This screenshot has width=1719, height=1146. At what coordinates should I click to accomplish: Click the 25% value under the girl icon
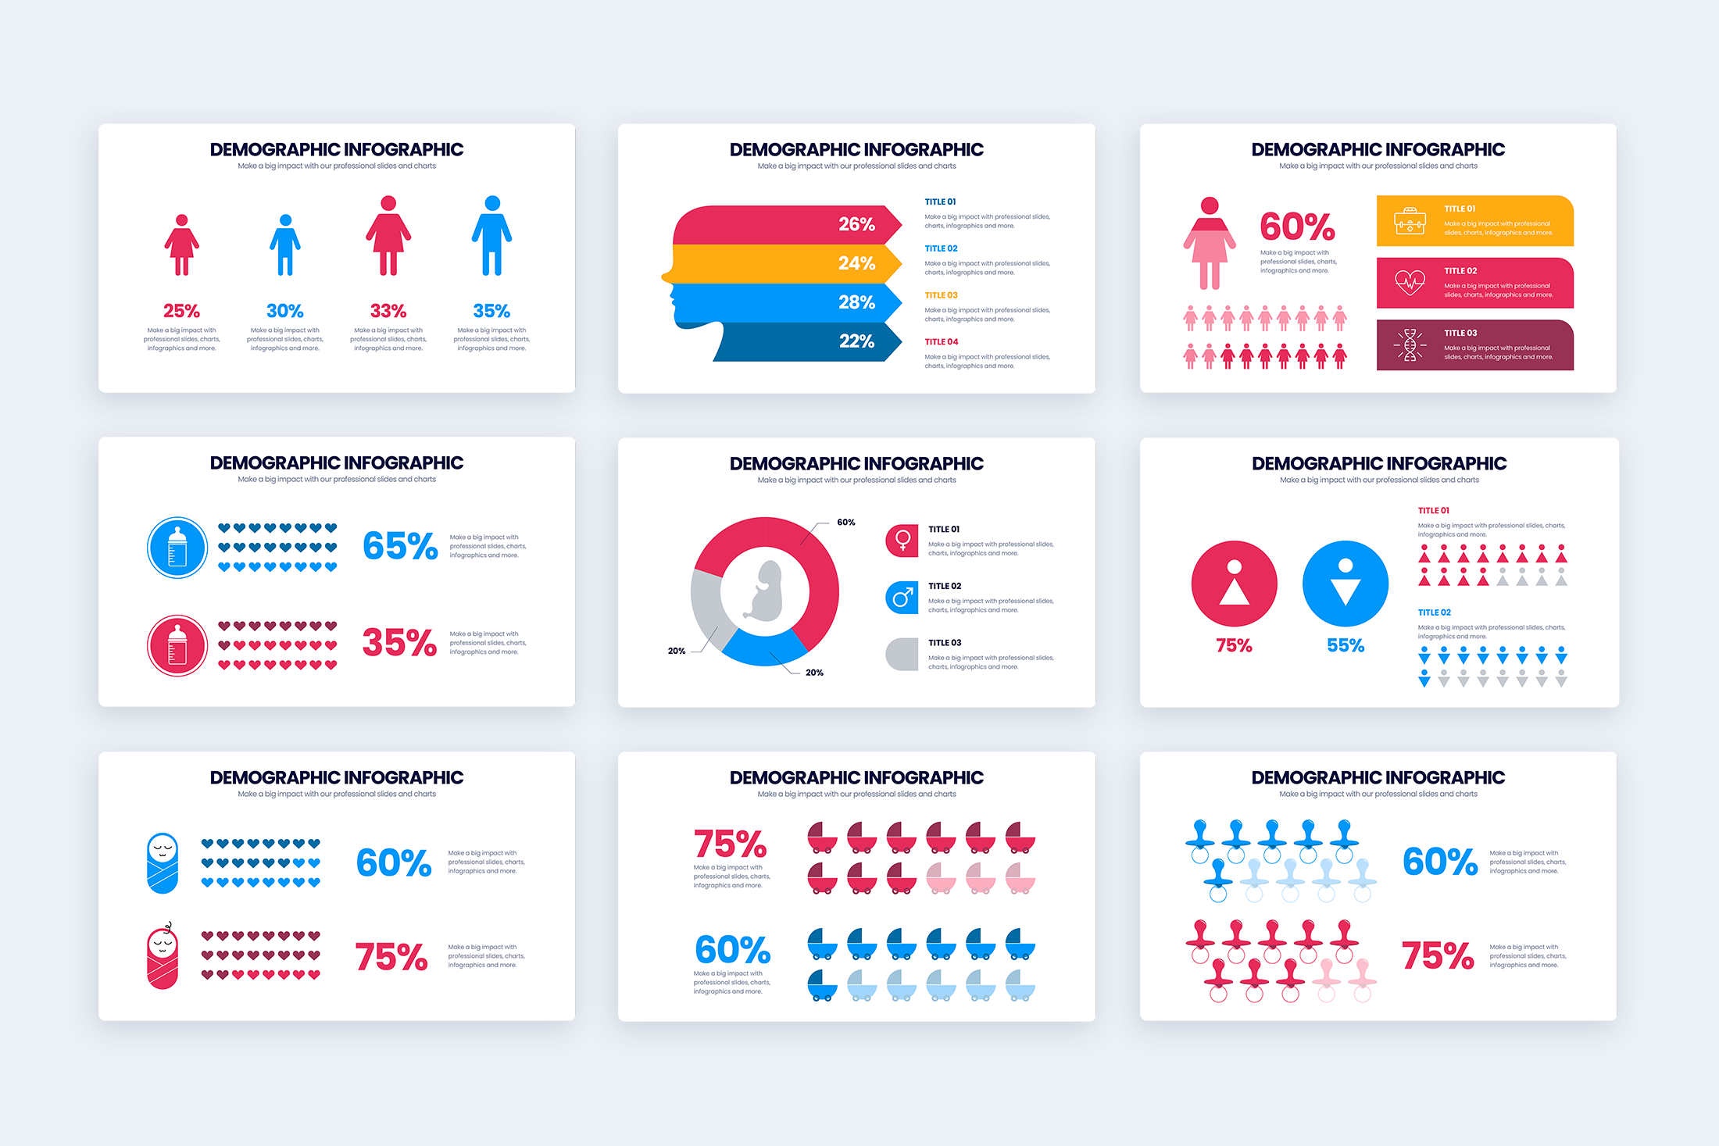181,311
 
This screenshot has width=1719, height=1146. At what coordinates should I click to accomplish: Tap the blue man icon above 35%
491,236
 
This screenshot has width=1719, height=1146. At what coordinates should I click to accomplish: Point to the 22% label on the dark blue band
856,341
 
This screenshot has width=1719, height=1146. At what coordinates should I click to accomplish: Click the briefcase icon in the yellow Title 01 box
1410,221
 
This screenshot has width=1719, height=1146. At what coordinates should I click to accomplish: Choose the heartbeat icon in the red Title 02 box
1410,282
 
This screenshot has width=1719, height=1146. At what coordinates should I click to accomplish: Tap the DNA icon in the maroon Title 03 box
1410,345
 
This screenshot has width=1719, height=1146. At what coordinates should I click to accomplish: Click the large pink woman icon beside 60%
1209,243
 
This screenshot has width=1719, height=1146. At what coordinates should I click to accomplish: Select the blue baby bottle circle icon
177,548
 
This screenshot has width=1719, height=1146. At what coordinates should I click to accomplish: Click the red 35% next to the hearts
399,643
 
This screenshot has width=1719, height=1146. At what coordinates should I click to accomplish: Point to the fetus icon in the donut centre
765,591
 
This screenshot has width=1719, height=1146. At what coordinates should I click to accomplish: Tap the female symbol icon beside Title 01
902,541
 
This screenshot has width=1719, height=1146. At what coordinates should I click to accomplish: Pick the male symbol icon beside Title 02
902,598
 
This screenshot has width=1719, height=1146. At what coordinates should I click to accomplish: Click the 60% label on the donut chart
845,523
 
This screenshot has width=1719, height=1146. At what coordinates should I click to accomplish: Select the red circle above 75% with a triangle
1234,584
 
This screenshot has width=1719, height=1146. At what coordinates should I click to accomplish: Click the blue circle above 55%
1345,584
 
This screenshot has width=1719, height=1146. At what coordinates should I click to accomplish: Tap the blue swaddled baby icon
163,863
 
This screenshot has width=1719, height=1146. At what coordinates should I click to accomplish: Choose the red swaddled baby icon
163,957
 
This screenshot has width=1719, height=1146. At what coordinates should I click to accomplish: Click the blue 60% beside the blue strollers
732,950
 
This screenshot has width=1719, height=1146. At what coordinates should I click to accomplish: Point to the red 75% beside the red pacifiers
1437,956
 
